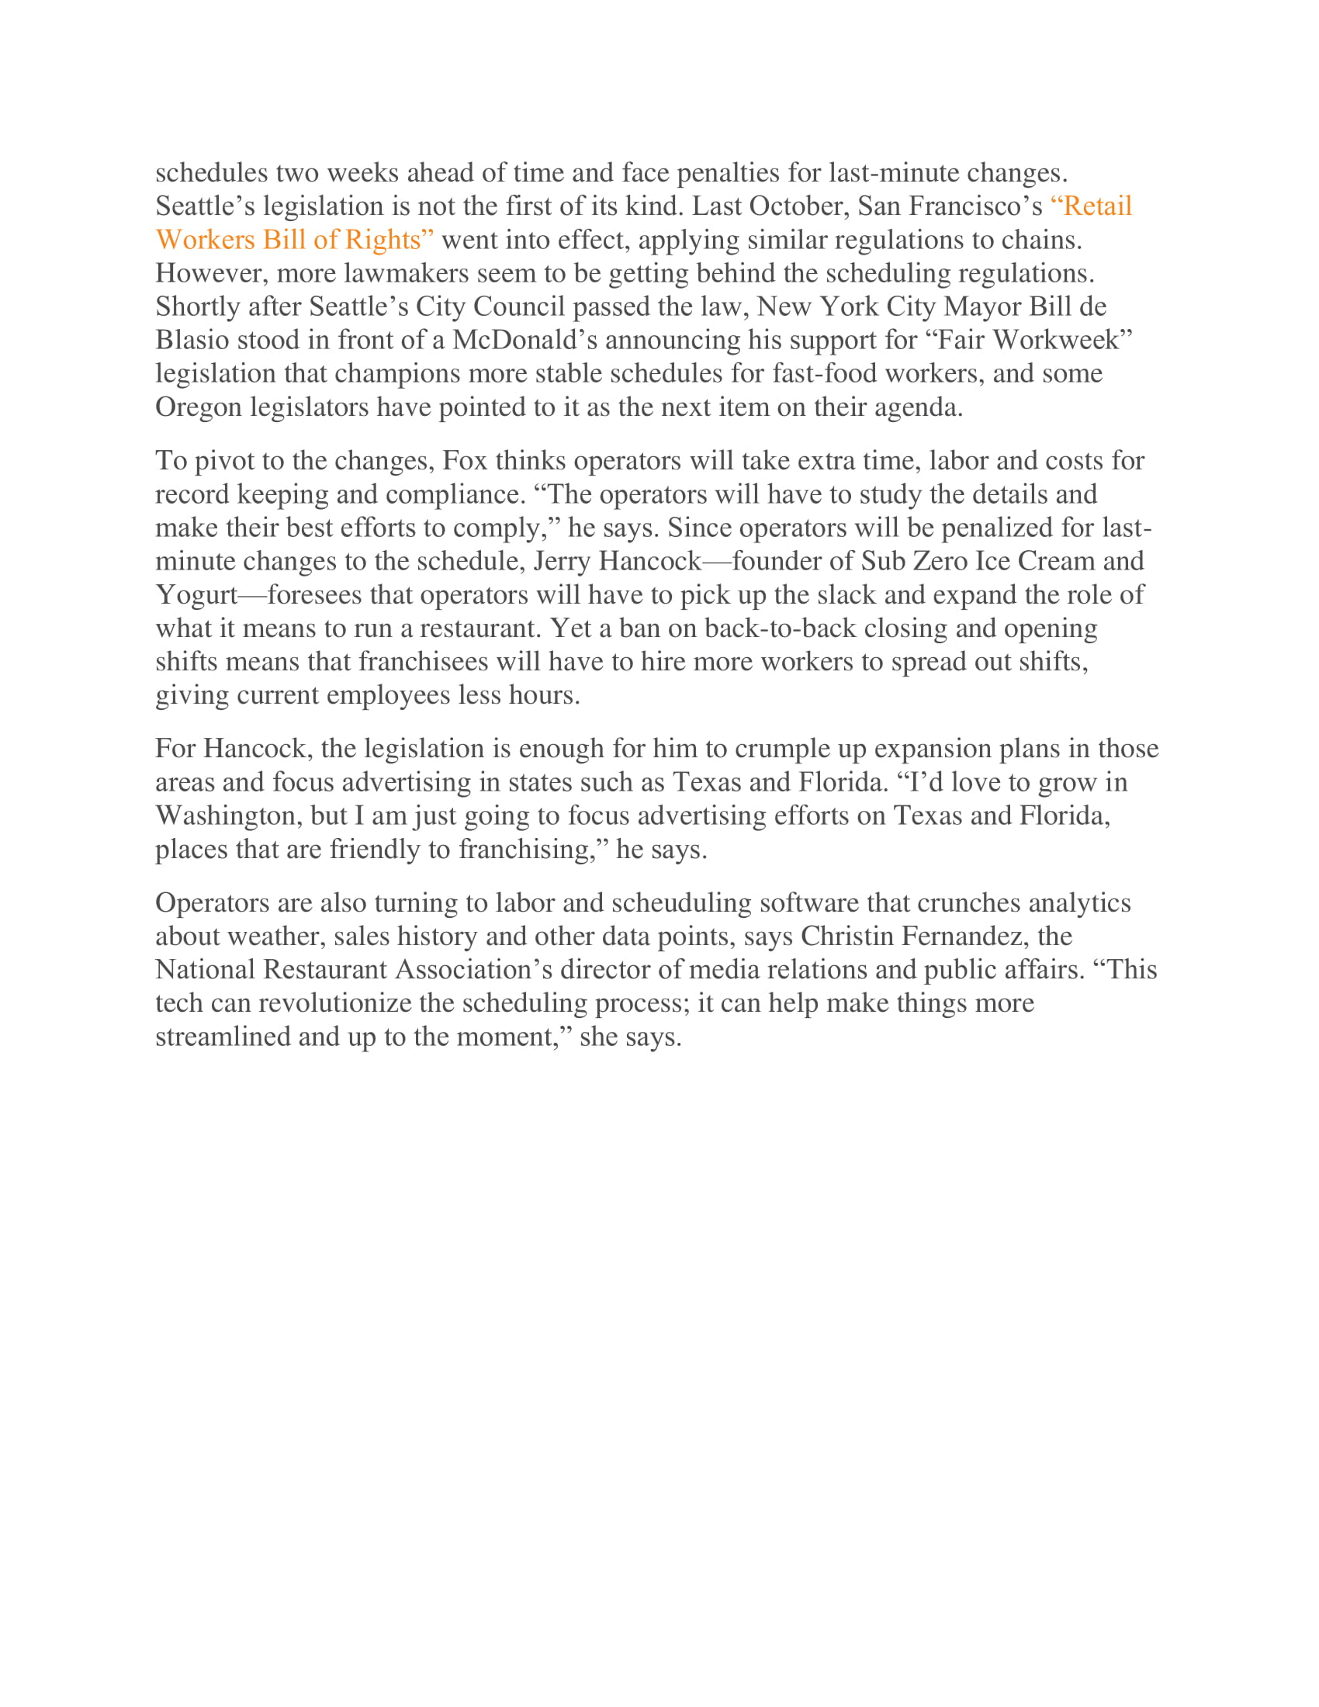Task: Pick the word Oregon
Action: (199, 407)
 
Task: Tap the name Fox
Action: (465, 460)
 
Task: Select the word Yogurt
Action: (196, 595)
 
